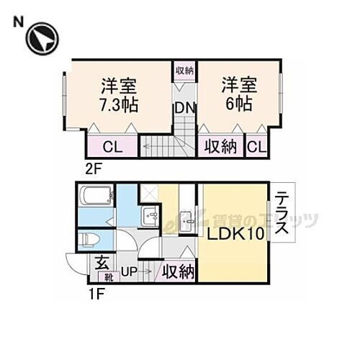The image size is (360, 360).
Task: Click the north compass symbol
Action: click(42, 38)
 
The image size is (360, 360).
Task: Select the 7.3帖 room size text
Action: click(120, 102)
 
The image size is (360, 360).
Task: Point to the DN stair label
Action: click(183, 108)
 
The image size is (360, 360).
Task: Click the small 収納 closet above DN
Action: click(184, 71)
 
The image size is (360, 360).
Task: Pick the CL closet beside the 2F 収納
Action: click(256, 147)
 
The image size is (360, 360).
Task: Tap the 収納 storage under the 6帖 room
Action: click(220, 147)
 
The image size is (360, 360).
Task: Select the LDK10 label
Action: click(232, 235)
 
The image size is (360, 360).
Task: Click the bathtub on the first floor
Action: click(95, 196)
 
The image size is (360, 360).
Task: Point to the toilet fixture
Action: click(90, 240)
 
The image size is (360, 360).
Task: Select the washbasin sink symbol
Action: click(150, 214)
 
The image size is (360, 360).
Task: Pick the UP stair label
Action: click(129, 272)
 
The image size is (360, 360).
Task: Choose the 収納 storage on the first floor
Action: click(178, 271)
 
